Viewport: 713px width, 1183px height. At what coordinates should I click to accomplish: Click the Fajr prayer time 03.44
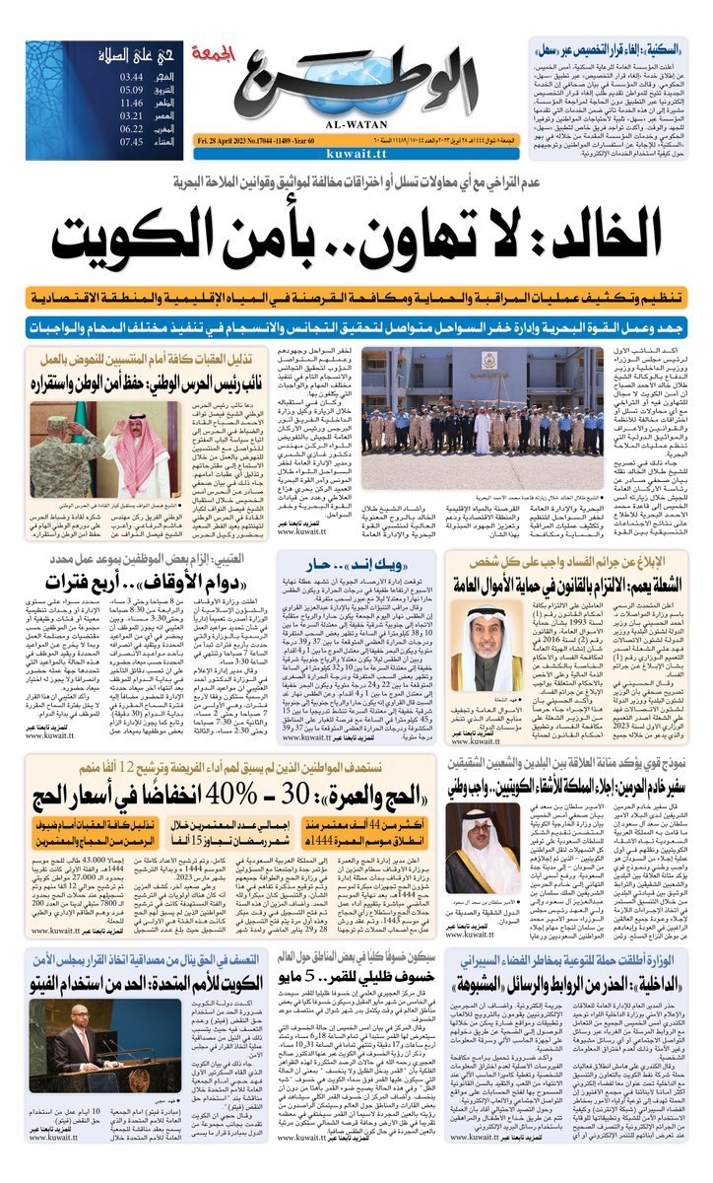coord(132,76)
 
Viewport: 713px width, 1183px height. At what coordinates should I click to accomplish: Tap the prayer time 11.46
coord(132,102)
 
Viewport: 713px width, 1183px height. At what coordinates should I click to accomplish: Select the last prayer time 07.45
coord(132,141)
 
